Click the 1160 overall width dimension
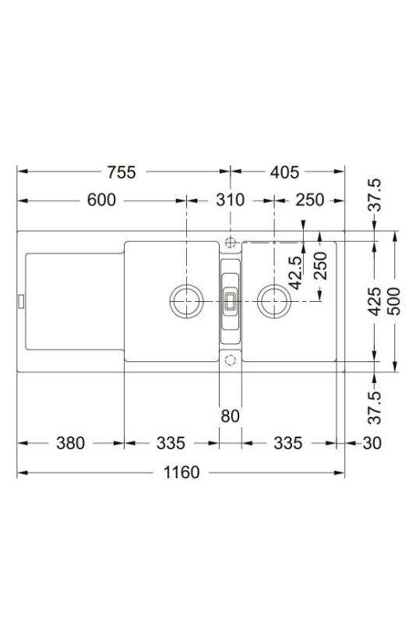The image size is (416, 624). click(181, 473)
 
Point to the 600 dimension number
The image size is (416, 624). click(101, 200)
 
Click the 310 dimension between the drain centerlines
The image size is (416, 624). click(230, 200)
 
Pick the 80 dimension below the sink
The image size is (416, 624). click(230, 416)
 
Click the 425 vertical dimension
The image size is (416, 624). click(375, 300)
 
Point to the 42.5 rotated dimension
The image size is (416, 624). click(294, 273)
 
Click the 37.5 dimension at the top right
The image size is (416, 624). click(375, 195)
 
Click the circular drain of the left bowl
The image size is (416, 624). click(186, 300)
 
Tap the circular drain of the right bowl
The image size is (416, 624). click(273, 300)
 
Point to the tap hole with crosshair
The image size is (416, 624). click(230, 240)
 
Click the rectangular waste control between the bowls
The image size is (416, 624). click(230, 300)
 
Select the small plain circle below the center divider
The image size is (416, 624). click(230, 360)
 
